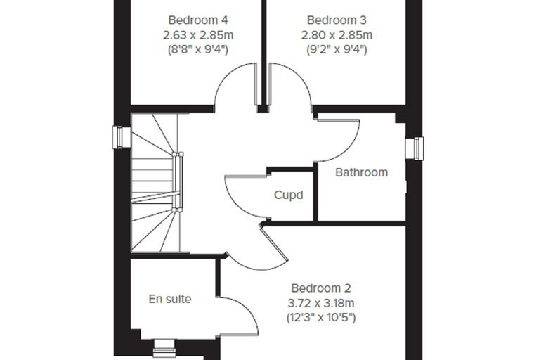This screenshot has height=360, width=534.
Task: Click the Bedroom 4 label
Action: (198, 20)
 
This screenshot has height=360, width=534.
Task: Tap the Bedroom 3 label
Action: (337, 20)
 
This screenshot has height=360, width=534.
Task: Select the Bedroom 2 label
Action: (321, 288)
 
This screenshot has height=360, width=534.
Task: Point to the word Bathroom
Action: (361, 172)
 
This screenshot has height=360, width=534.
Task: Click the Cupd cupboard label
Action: (289, 195)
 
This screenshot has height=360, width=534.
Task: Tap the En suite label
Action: (170, 299)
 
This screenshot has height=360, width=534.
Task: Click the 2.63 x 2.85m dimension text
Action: (198, 34)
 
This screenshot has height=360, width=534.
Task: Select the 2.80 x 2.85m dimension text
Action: (337, 34)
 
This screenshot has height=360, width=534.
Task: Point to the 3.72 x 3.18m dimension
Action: (321, 303)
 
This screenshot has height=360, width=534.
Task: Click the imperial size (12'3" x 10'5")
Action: (321, 318)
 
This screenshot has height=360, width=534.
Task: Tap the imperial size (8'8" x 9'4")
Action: (198, 50)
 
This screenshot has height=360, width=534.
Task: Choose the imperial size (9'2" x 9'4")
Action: (337, 50)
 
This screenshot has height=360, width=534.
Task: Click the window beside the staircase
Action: (122, 137)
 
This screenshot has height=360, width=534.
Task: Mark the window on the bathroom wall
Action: (415, 148)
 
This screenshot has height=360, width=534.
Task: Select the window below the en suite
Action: (164, 348)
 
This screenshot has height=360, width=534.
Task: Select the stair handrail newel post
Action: (178, 182)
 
